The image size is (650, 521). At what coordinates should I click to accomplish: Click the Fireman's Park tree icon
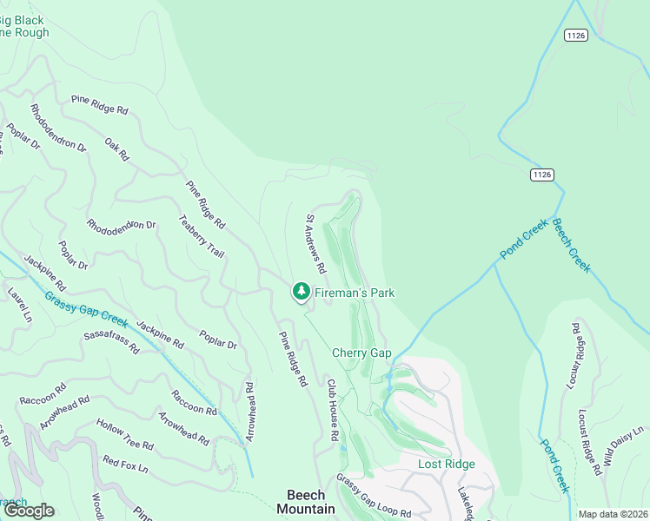pos(301,292)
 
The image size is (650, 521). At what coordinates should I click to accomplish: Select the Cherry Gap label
pos(361,353)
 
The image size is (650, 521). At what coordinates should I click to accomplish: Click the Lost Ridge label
pos(447,464)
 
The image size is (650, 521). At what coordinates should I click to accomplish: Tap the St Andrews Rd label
pos(315,241)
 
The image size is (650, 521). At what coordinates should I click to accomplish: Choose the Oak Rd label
pos(116,149)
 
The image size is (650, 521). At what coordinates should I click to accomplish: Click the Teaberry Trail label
pos(202,236)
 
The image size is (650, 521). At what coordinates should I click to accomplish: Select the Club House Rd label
pos(332,409)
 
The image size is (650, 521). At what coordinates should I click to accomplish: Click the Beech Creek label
pos(571,245)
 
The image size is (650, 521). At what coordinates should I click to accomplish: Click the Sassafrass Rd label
pos(111,341)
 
